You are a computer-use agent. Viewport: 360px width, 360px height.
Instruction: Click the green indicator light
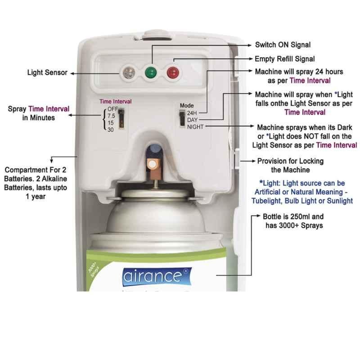tap(151, 72)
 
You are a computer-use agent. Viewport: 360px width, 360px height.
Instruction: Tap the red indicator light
tap(173, 72)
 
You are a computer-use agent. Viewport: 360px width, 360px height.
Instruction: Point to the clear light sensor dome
tap(129, 72)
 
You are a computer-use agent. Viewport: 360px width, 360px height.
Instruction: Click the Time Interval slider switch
tap(121, 118)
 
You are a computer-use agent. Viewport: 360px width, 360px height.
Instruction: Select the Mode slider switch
tap(182, 118)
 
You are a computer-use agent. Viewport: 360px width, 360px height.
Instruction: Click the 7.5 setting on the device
tap(111, 116)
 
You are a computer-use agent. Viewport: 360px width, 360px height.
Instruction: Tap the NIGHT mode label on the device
tap(195, 127)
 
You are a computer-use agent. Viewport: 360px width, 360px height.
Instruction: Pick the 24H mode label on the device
tap(192, 113)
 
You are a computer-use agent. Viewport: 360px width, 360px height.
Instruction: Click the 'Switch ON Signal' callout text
tap(283, 45)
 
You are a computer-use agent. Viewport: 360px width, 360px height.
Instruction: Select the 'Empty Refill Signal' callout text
tap(285, 59)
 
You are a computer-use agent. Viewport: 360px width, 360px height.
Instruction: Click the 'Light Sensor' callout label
tap(47, 72)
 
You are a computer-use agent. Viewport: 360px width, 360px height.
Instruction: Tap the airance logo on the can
tap(157, 276)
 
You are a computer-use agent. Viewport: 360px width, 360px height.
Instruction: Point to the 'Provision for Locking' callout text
tap(290, 161)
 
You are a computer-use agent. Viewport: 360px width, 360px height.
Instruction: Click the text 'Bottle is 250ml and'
tap(293, 216)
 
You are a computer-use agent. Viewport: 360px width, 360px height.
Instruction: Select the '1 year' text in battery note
tap(36, 197)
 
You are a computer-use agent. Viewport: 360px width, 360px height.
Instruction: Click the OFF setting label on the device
tap(112, 109)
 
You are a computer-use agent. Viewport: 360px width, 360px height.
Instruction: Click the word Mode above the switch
tap(187, 106)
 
